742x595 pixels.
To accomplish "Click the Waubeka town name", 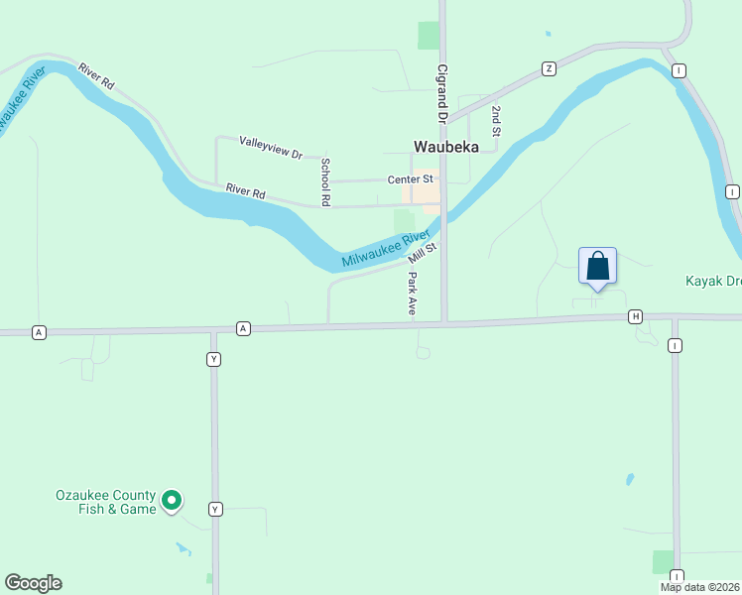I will pyautogui.click(x=445, y=146).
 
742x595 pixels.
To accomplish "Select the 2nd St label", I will pyautogui.click(x=496, y=120).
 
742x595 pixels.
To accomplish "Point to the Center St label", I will pyautogui.click(x=410, y=179).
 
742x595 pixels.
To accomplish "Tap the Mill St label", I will pyautogui.click(x=423, y=253).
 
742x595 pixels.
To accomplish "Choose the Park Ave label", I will pyautogui.click(x=412, y=295).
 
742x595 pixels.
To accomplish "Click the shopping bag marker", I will pyautogui.click(x=597, y=267).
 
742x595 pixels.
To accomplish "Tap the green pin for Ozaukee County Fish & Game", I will pyautogui.click(x=172, y=501).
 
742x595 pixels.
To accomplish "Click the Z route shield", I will pyautogui.click(x=549, y=68).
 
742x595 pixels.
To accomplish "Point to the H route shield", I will pyautogui.click(x=635, y=316).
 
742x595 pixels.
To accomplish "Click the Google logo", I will pyautogui.click(x=33, y=583).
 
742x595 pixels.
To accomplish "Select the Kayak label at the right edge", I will pyautogui.click(x=713, y=281).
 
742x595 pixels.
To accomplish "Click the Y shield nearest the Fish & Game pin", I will pyautogui.click(x=214, y=509).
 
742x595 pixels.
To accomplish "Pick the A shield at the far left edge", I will pyautogui.click(x=39, y=331).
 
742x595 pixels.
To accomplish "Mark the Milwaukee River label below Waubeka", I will pyautogui.click(x=386, y=249).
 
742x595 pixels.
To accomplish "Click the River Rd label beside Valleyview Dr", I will pyautogui.click(x=245, y=192).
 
